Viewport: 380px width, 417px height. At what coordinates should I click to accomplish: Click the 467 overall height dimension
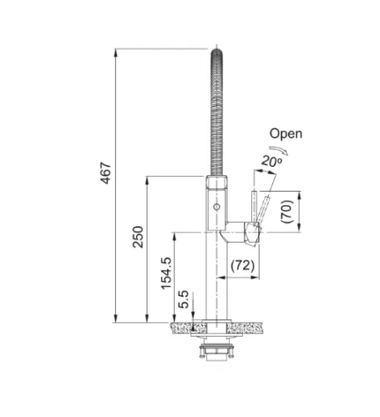106,173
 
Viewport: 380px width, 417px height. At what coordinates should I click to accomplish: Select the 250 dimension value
138,237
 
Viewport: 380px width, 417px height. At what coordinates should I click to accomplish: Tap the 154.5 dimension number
166,273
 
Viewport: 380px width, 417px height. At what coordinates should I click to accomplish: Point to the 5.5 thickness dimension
183,299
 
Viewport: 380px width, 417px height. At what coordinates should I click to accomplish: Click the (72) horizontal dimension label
242,265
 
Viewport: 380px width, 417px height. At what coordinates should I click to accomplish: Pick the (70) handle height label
287,212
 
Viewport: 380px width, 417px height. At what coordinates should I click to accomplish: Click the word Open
286,133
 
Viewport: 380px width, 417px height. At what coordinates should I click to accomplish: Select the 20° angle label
271,161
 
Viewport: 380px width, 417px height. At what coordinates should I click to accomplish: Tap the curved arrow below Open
279,149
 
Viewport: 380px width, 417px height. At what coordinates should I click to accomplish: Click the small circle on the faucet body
216,207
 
